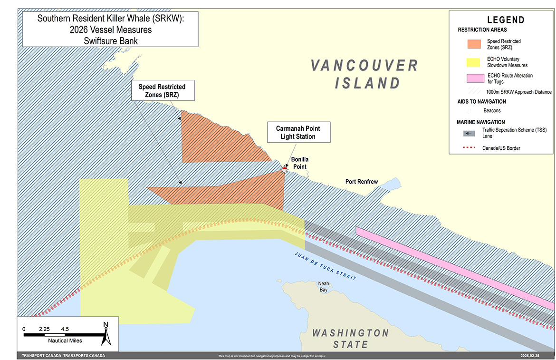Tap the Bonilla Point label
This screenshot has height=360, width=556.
tap(300, 163)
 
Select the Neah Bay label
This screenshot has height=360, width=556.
tap(323, 286)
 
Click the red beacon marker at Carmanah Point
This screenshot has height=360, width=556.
tap(285, 168)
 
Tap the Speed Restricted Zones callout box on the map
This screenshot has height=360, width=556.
tap(162, 91)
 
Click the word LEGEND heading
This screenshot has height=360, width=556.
tap(506, 20)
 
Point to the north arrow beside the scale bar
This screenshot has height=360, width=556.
tap(106, 333)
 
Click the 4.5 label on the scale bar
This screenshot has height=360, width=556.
tap(65, 329)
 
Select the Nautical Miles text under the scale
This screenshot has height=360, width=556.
tap(65, 341)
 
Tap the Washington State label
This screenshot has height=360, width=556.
tap(350, 338)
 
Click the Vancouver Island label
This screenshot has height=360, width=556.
tap(365, 74)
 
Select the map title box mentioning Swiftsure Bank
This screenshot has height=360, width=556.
tap(110, 29)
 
